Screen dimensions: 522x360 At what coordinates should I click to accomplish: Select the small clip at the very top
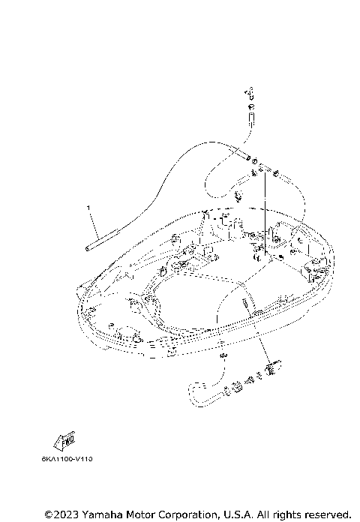(251, 92)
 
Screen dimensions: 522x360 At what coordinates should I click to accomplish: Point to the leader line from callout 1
(94, 222)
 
